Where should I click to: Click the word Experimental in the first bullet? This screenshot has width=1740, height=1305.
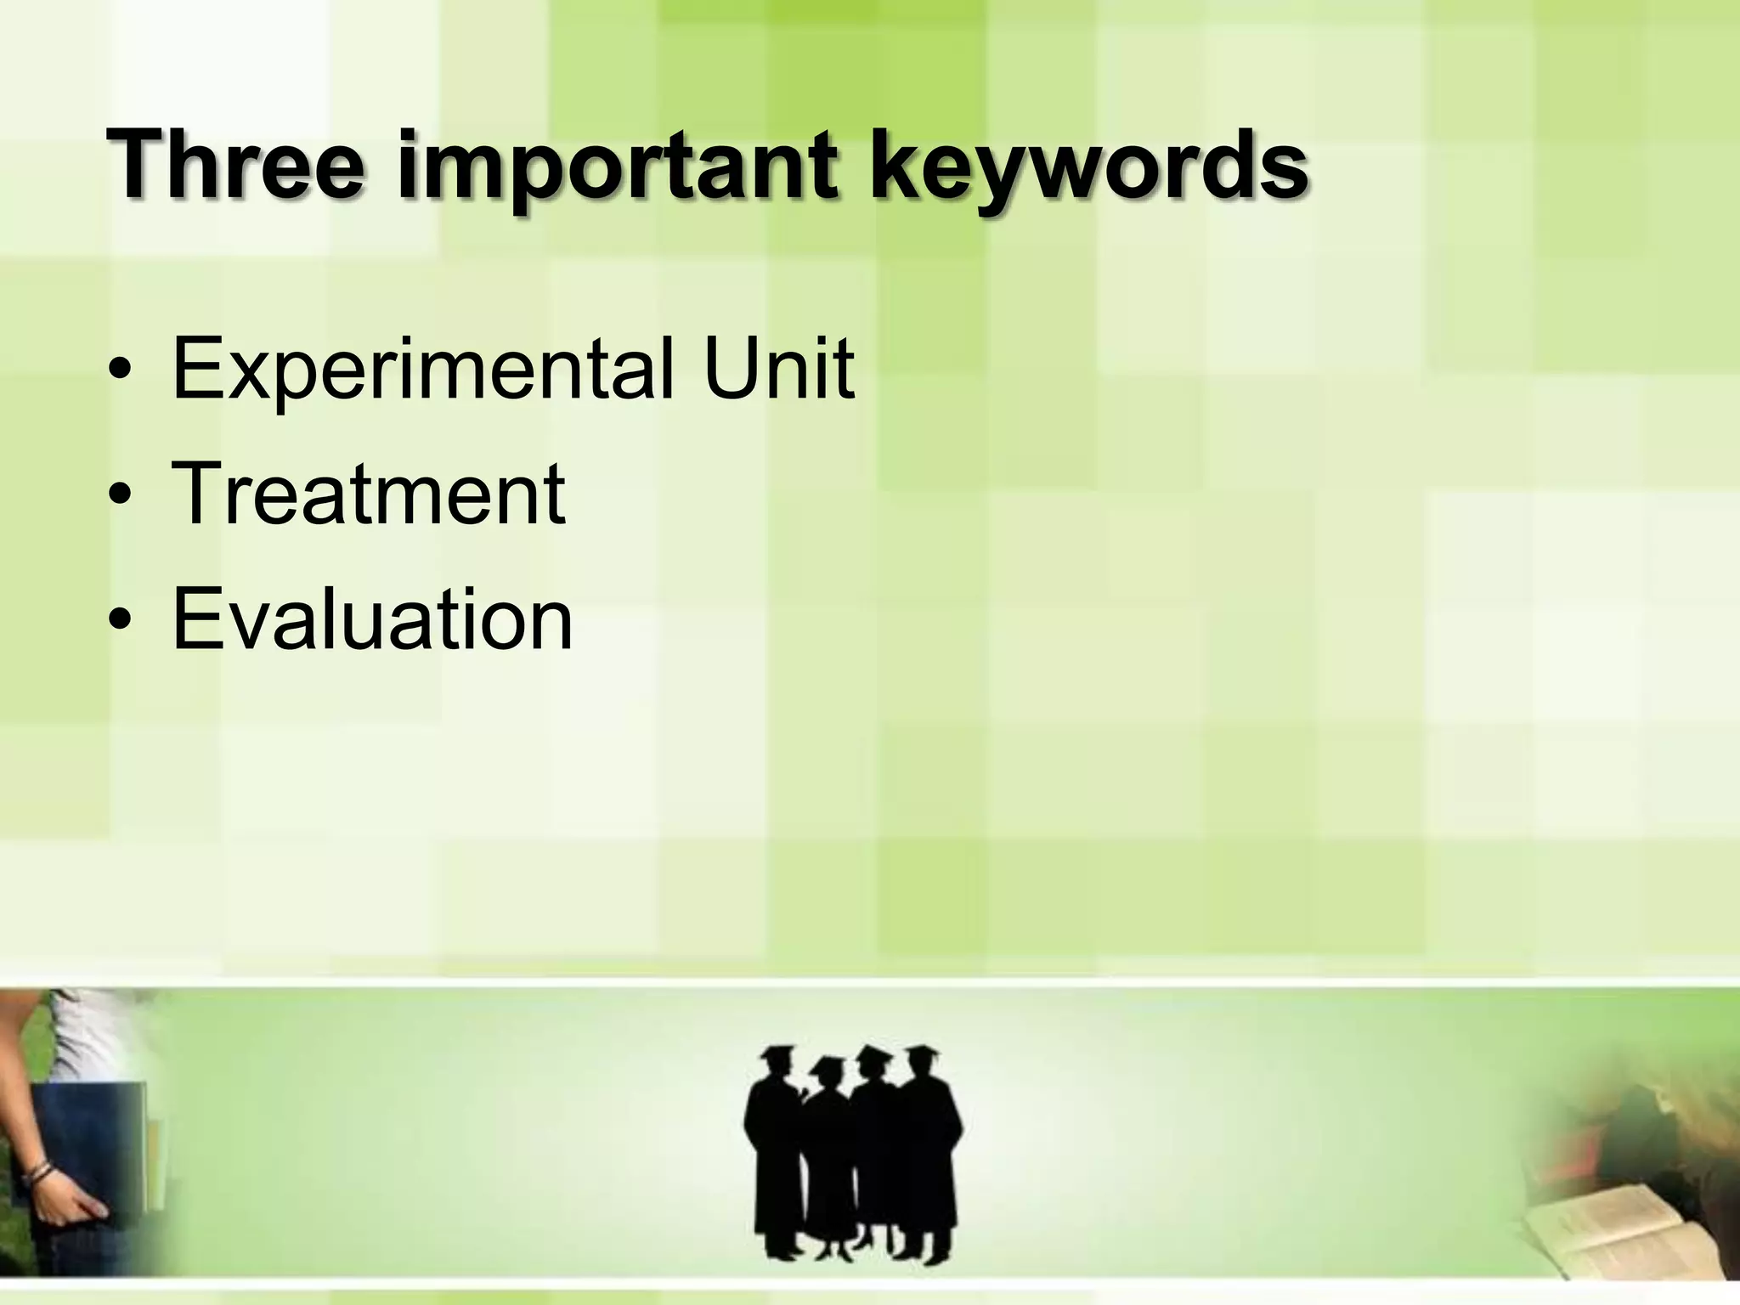click(421, 370)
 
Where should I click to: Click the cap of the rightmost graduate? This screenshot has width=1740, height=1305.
click(921, 1054)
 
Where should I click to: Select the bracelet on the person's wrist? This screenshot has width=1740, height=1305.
click(39, 1178)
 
